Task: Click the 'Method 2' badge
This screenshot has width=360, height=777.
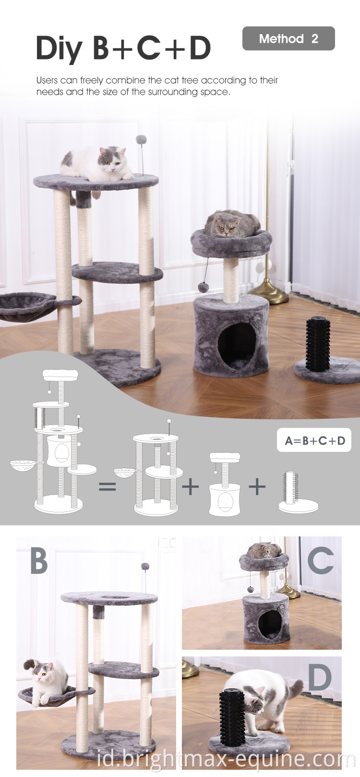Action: pos(288,38)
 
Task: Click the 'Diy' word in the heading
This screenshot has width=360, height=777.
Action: pos(59,49)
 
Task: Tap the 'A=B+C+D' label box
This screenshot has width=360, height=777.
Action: pos(314,440)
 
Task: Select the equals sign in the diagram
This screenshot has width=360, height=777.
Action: pos(108,486)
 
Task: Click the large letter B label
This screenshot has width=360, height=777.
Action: pos(39,561)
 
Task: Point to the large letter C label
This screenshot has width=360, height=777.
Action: pos(321,560)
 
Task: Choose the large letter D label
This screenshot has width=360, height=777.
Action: pos(320,678)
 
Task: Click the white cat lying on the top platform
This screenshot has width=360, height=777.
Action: pos(97,164)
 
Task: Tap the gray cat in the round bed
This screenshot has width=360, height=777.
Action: pos(232,223)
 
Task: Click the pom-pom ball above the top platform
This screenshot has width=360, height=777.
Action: pos(141,140)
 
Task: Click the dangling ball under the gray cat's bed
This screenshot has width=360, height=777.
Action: pos(202,287)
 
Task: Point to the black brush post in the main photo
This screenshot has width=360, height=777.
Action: pos(318,343)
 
